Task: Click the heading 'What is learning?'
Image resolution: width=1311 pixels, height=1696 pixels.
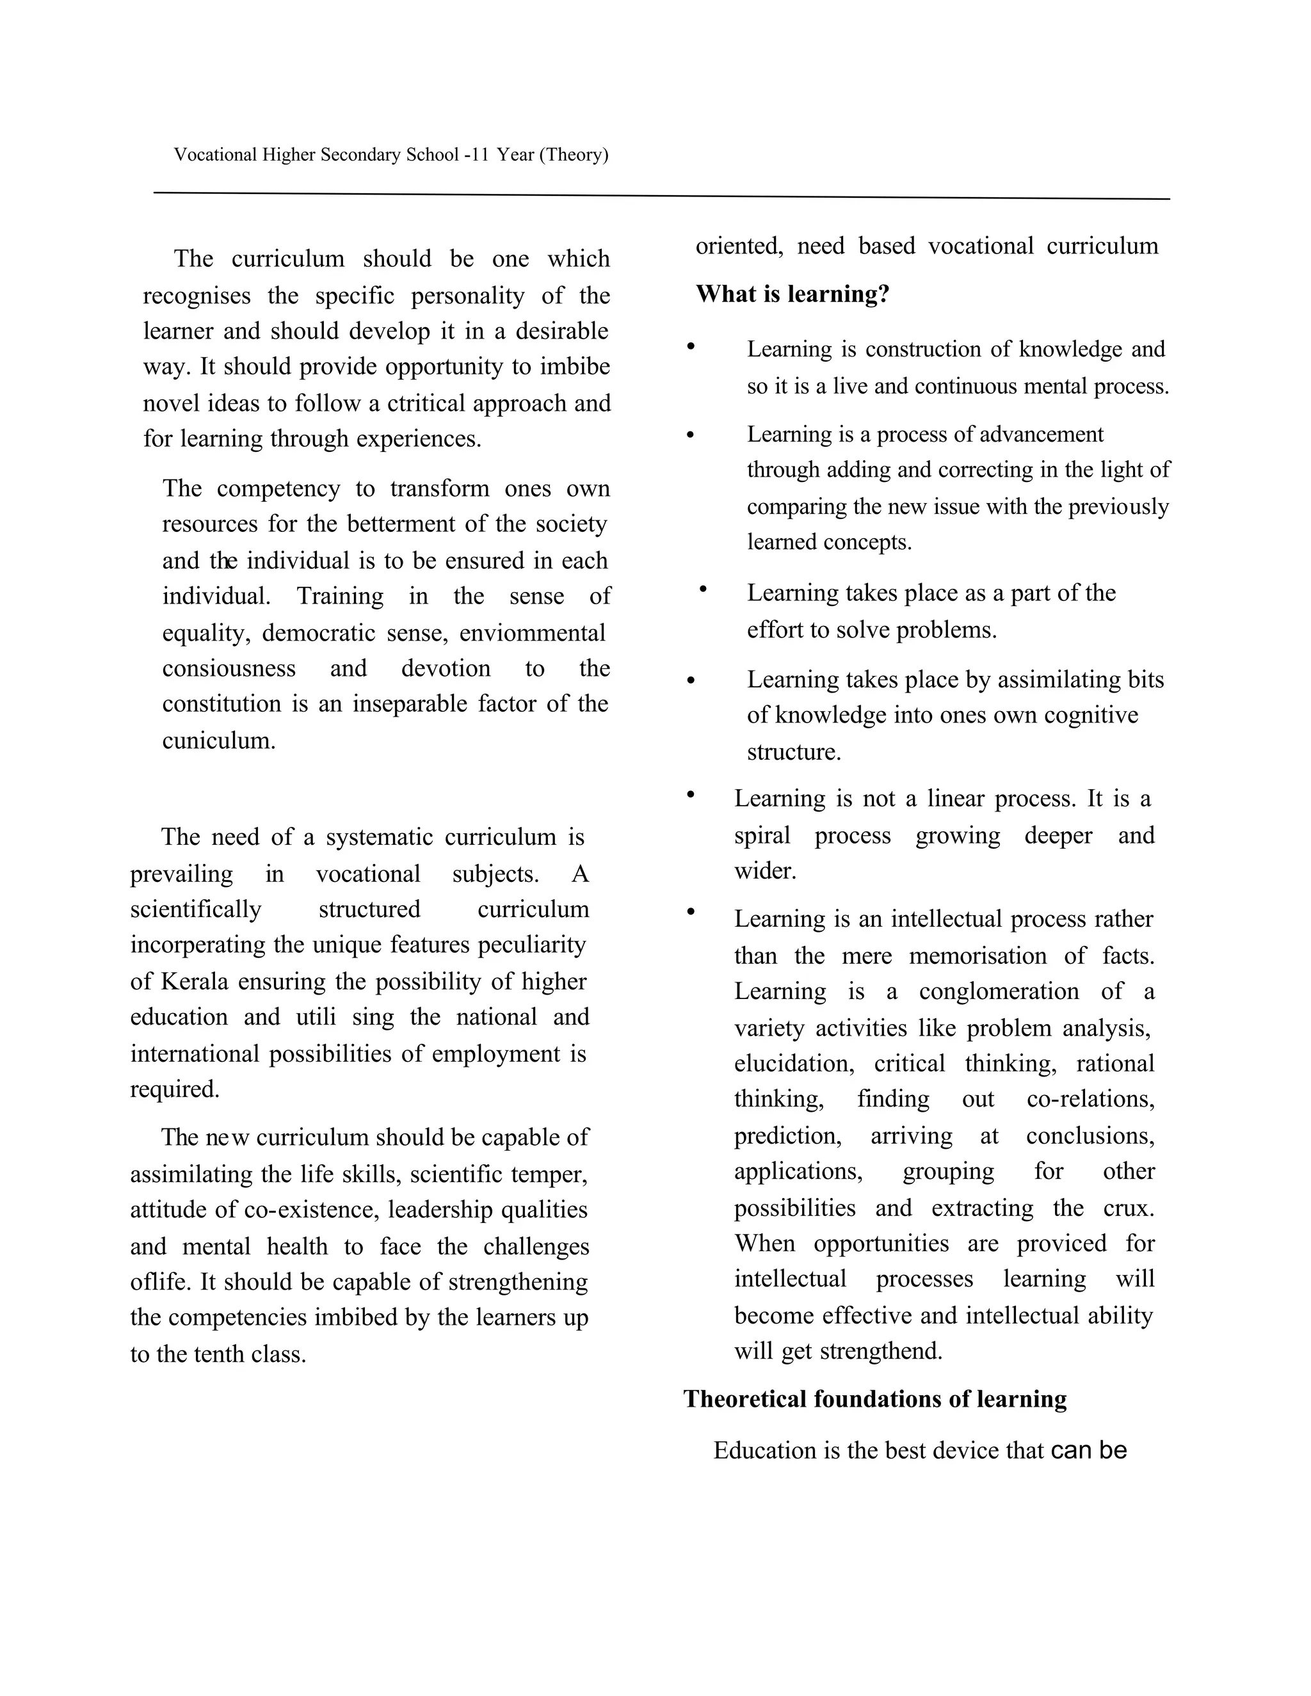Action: [792, 294]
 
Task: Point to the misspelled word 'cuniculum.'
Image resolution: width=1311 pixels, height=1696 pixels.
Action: [219, 740]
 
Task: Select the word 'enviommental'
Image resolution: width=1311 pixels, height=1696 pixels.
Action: [532, 633]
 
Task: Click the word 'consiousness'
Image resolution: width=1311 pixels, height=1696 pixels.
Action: [229, 669]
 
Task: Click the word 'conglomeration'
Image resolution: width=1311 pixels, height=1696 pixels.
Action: [999, 991]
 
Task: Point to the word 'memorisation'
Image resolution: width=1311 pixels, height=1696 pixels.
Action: [978, 956]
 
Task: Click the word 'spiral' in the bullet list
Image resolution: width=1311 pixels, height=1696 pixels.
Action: [762, 836]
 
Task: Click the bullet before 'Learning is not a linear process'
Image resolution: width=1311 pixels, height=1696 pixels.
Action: [689, 794]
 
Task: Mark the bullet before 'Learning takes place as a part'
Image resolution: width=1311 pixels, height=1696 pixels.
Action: [703, 590]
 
